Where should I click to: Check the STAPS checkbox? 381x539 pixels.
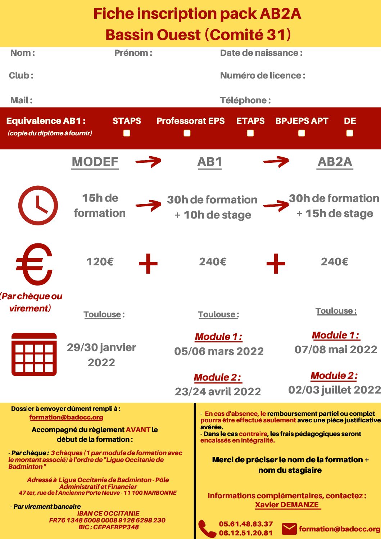[x=127, y=133]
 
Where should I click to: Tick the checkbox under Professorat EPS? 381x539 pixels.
[x=187, y=133]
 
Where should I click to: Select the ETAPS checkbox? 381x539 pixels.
[x=250, y=133]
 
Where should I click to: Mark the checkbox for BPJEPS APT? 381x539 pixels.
[x=302, y=133]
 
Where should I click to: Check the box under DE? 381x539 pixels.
[x=350, y=133]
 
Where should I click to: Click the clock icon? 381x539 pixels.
[x=38, y=206]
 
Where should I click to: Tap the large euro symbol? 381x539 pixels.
[x=35, y=264]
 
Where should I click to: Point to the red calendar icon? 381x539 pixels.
[x=34, y=354]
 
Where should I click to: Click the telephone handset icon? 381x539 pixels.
[x=207, y=529]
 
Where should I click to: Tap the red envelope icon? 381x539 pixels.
[x=289, y=529]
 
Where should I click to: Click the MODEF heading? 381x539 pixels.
[x=95, y=162]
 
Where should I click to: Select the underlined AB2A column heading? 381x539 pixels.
[x=335, y=162]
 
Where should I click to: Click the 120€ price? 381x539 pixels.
[x=100, y=262]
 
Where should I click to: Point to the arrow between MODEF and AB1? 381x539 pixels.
[x=149, y=162]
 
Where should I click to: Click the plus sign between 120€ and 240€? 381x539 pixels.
[x=148, y=264]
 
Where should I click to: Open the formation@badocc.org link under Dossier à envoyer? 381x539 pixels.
[x=66, y=417]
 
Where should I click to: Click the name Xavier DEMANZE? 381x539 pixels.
[x=287, y=505]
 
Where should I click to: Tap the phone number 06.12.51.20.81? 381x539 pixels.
[x=246, y=533]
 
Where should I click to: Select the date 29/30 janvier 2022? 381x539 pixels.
[x=101, y=355]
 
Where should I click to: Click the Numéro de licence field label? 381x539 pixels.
[x=263, y=76]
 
